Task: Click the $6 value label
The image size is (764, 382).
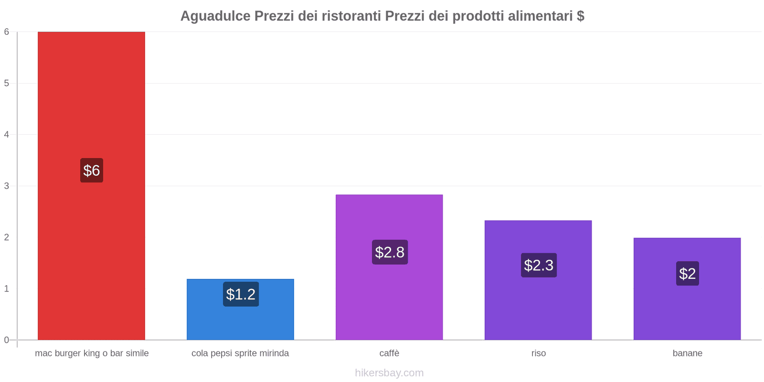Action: tap(92, 170)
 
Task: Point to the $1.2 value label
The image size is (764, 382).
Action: tap(241, 294)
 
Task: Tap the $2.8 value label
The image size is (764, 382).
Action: tap(390, 252)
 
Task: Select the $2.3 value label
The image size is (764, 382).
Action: tap(539, 265)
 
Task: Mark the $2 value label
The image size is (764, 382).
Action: tap(687, 274)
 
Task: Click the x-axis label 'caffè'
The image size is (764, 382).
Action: tap(389, 353)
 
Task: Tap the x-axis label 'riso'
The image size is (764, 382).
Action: tap(538, 353)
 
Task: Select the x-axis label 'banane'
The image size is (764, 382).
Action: tap(687, 353)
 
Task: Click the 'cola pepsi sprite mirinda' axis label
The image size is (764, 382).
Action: tap(240, 353)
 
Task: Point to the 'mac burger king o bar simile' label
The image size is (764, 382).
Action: tap(92, 353)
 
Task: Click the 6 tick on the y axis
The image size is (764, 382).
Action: tap(7, 32)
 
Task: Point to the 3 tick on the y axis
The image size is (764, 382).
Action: tap(7, 186)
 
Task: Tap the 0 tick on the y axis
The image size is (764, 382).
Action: tap(7, 340)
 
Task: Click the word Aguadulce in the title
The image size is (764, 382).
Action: tap(215, 16)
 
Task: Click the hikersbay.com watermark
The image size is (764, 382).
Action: tap(389, 373)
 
